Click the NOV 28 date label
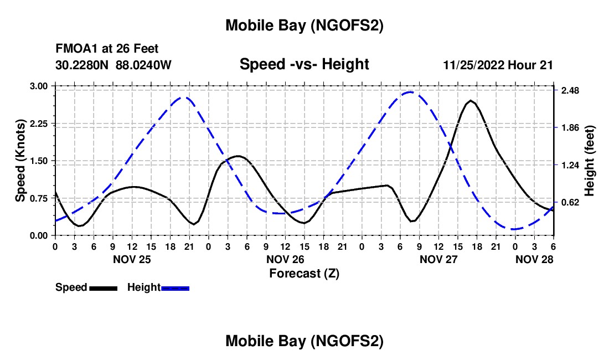click(x=534, y=259)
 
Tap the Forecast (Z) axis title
click(x=304, y=273)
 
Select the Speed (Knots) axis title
click(x=20, y=161)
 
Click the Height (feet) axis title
click(x=590, y=161)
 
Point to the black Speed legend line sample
click(x=103, y=288)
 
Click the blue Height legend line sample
click(x=175, y=288)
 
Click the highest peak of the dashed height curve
click(x=410, y=92)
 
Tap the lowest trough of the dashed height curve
click(x=515, y=229)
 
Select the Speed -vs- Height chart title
click(x=304, y=64)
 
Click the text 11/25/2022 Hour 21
click(x=498, y=65)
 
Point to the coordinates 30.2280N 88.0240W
click(x=113, y=65)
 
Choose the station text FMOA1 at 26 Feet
click(x=107, y=49)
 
